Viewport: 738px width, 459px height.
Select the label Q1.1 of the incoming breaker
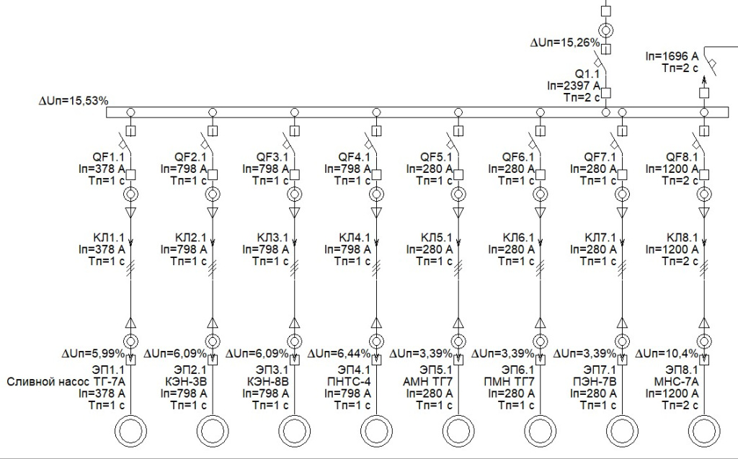click(586, 74)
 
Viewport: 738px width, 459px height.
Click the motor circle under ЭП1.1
click(130, 432)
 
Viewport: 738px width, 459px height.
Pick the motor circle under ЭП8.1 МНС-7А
click(703, 432)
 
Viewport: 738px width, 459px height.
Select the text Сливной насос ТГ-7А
click(66, 382)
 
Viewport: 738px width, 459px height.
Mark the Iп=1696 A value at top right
click(672, 55)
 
